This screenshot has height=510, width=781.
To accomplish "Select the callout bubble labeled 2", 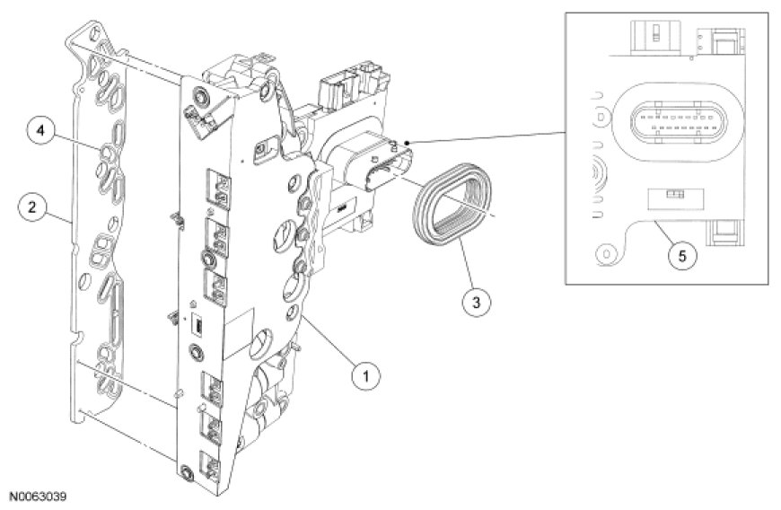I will [32, 207].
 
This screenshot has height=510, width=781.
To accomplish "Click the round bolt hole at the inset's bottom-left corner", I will [610, 254].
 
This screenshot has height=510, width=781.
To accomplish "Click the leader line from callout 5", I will [665, 233].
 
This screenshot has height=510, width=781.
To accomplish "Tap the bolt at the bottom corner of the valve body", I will [186, 473].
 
